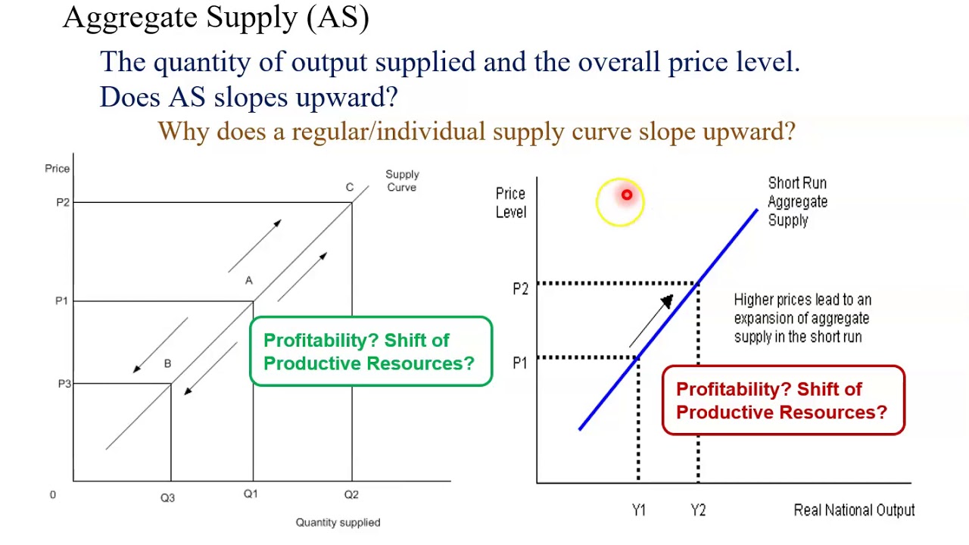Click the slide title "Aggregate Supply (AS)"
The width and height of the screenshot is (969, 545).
[x=216, y=17]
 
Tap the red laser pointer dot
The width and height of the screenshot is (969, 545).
[x=626, y=196]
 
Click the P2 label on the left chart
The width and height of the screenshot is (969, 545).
[x=62, y=202]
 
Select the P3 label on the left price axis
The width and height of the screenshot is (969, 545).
[x=64, y=384]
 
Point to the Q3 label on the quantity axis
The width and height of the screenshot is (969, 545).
[x=167, y=497]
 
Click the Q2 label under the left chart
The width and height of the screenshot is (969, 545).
[x=351, y=494]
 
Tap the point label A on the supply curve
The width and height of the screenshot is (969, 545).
[x=248, y=281]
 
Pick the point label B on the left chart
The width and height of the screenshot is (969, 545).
[x=167, y=364]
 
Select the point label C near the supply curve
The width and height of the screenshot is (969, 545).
[x=349, y=187]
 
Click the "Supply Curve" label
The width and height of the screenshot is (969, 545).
[x=401, y=181]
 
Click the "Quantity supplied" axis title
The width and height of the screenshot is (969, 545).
[x=338, y=522]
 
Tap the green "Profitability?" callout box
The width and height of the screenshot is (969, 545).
[x=370, y=352]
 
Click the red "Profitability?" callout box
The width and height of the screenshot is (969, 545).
[x=783, y=400]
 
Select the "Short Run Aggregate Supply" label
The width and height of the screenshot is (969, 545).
[x=797, y=201]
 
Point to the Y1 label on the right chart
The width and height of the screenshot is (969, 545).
[x=638, y=510]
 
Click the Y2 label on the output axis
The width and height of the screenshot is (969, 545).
[x=698, y=510]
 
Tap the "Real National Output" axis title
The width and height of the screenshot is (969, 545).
[x=854, y=510]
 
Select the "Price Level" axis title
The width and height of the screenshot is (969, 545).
[x=510, y=203]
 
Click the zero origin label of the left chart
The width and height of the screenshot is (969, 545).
[x=52, y=494]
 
